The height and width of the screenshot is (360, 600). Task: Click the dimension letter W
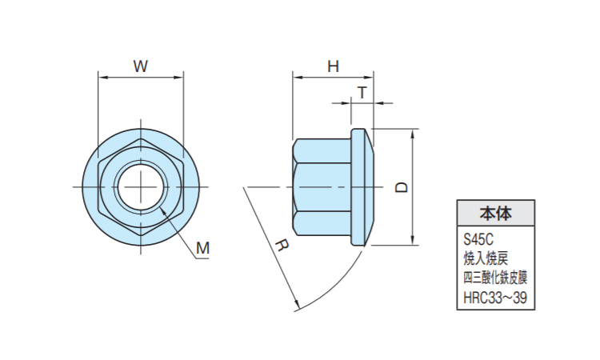click(140, 67)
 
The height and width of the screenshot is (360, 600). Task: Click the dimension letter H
click(333, 67)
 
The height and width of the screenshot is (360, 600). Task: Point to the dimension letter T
click(362, 92)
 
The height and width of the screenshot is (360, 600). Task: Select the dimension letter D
click(402, 187)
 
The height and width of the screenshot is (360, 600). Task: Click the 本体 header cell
click(495, 214)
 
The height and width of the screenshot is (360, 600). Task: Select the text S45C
click(479, 238)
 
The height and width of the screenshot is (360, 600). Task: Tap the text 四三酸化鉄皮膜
click(495, 278)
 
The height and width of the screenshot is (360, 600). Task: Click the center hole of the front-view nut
click(140, 186)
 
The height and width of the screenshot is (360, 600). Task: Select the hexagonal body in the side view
click(322, 186)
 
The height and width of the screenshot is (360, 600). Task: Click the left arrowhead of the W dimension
click(101, 78)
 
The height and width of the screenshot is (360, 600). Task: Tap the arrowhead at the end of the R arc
click(297, 306)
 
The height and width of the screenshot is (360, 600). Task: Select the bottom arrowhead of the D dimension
click(414, 241)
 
